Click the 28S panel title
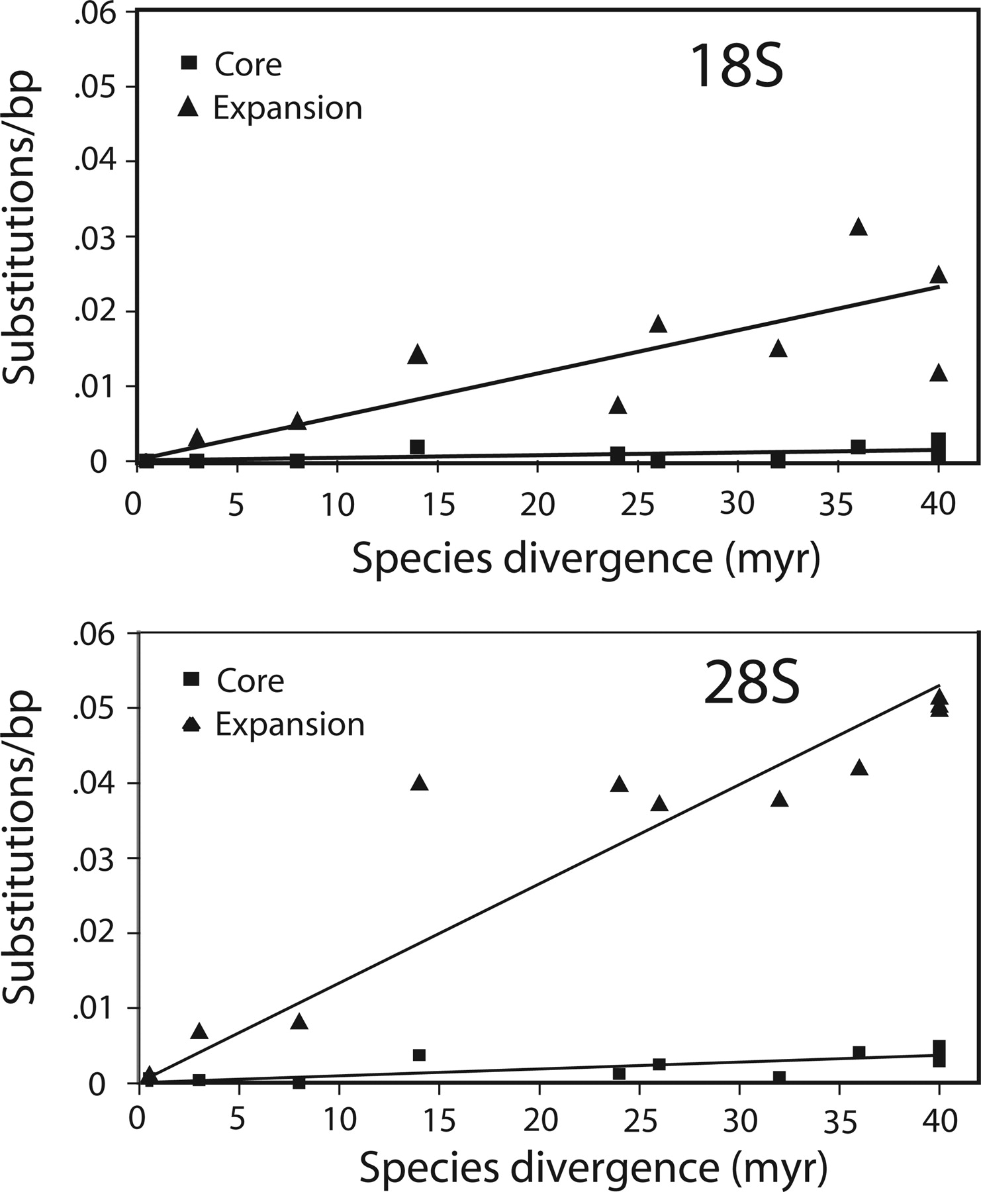(751, 684)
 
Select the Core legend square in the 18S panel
(189, 63)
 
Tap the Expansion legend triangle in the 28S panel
(191, 724)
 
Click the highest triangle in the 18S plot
(859, 227)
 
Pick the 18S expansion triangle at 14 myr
(417, 355)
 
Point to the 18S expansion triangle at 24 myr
(618, 405)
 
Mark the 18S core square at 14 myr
(417, 447)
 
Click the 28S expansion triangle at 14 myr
(419, 783)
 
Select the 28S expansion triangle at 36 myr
(859, 768)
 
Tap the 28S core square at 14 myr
(419, 1055)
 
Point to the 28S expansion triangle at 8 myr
(299, 1022)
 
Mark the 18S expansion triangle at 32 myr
(778, 348)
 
